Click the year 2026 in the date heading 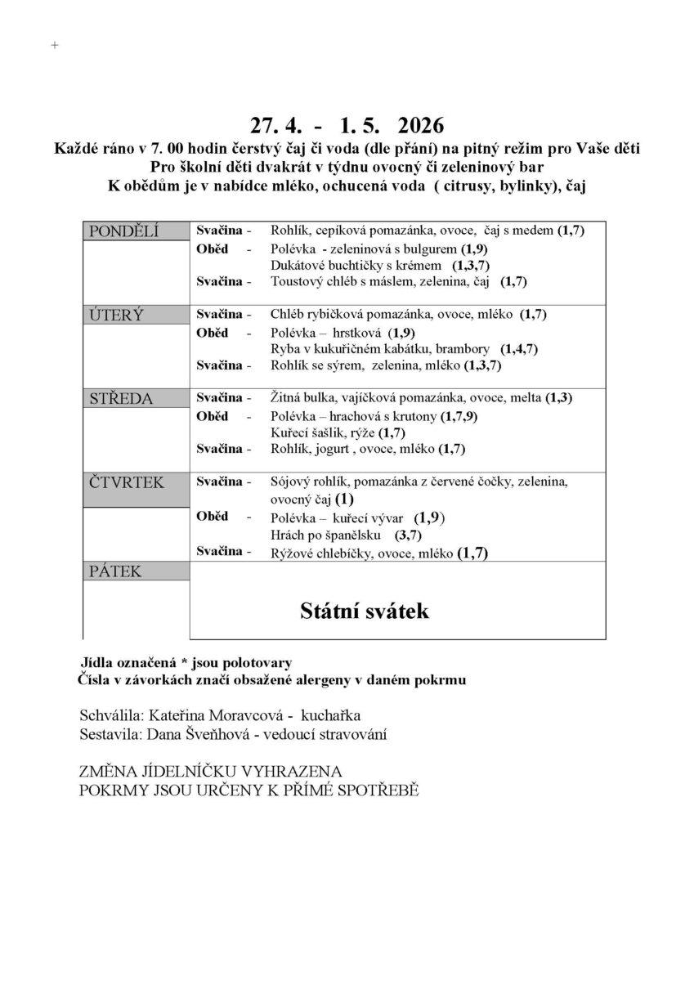point(420,126)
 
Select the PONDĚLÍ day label point(124,232)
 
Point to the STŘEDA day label point(121,398)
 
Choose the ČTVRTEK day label point(127,482)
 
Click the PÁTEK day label point(115,571)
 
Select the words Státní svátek point(364,611)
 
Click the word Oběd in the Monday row point(212,249)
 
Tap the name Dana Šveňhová point(196,734)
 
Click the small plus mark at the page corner point(55,46)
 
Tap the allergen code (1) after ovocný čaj point(344,498)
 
